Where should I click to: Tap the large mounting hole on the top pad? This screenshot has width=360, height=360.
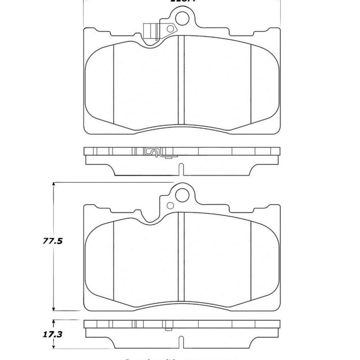pos(182,19)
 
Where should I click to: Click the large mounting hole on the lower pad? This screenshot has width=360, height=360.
pos(182,194)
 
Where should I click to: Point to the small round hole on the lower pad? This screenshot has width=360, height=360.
pos(170,206)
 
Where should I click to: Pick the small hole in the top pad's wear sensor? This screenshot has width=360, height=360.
pos(170,30)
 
